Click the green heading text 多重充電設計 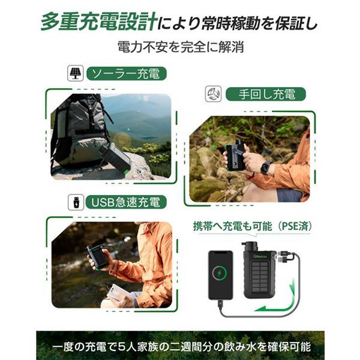(x=99, y=22)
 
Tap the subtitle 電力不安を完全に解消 (x=181, y=47)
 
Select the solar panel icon (x=76, y=73)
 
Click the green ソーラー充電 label (x=126, y=73)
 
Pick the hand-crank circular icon (x=213, y=94)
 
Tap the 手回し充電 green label (x=266, y=94)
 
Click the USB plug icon (x=76, y=202)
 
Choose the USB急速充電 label (x=126, y=202)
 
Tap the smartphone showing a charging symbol (x=220, y=275)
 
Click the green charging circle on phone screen (x=220, y=274)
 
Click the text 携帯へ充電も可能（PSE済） (x=253, y=226)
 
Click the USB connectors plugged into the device (x=283, y=257)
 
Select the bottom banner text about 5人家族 (x=182, y=347)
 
